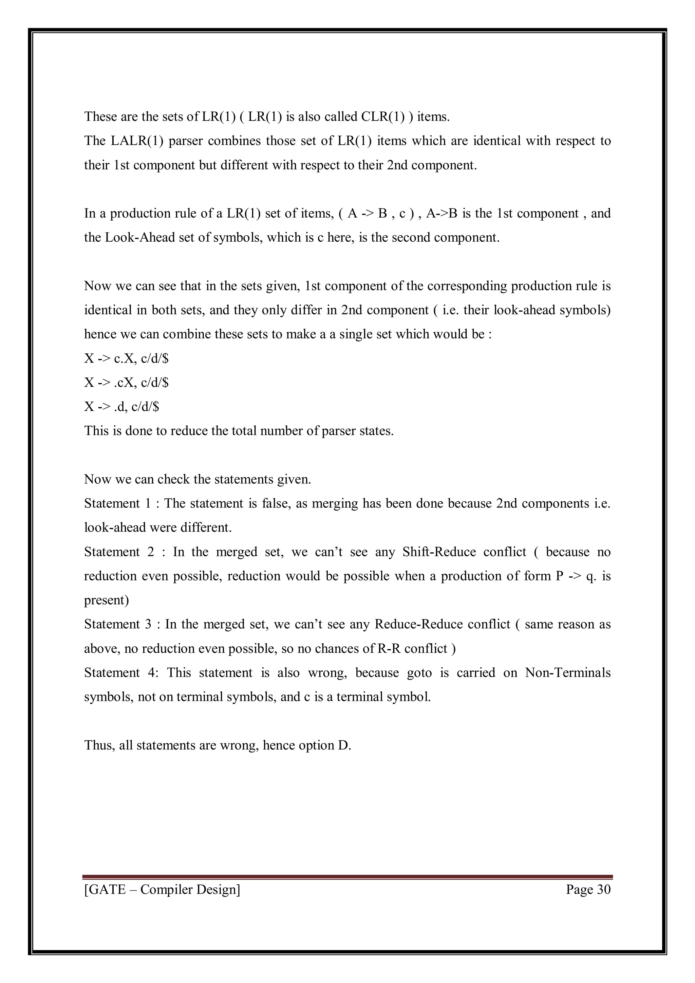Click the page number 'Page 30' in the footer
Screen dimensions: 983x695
click(x=588, y=889)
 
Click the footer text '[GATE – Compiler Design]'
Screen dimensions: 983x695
click(x=162, y=889)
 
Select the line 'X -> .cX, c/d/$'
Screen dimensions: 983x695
click(x=126, y=382)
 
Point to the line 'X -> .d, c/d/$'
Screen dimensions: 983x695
click(x=121, y=406)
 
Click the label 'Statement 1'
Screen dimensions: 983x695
click(x=117, y=503)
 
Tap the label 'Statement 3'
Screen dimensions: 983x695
click(x=117, y=624)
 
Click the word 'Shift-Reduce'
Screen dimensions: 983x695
click(x=439, y=552)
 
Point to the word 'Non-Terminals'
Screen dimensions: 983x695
click(x=567, y=673)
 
